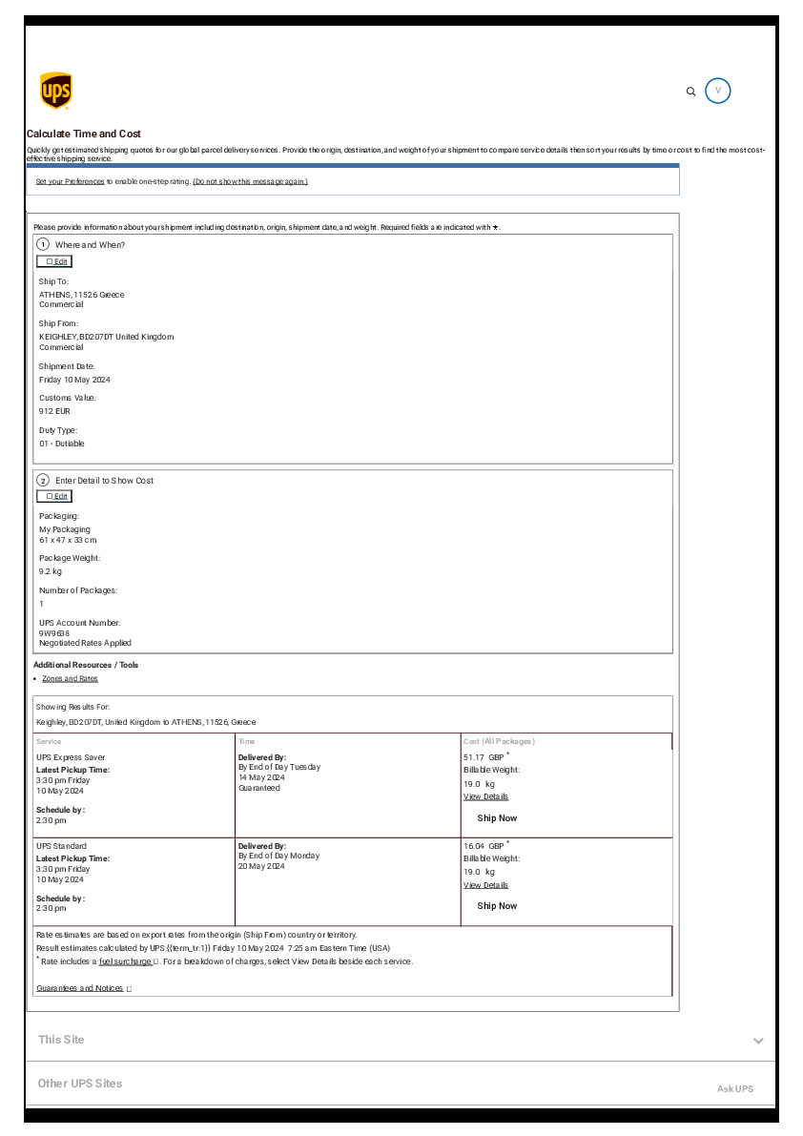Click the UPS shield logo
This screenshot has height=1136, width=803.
[55, 91]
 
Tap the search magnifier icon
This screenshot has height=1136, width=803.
[691, 92]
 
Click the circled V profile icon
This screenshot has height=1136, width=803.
[718, 91]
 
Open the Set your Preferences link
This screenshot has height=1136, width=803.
[70, 181]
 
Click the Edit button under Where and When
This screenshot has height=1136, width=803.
[54, 261]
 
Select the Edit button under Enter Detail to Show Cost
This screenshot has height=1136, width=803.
[54, 496]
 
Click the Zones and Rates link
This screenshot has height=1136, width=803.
[70, 678]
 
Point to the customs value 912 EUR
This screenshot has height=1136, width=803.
[54, 411]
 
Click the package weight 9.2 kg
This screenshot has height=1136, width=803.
[51, 571]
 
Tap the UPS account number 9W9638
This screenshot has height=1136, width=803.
[54, 632]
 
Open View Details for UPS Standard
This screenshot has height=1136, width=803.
[485, 885]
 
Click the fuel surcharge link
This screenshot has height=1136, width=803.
[126, 961]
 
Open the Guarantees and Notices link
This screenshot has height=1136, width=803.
[80, 988]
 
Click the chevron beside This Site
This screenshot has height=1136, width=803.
[758, 1041]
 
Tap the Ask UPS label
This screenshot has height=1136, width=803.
[735, 1088]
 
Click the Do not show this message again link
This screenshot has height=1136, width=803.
[250, 181]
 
